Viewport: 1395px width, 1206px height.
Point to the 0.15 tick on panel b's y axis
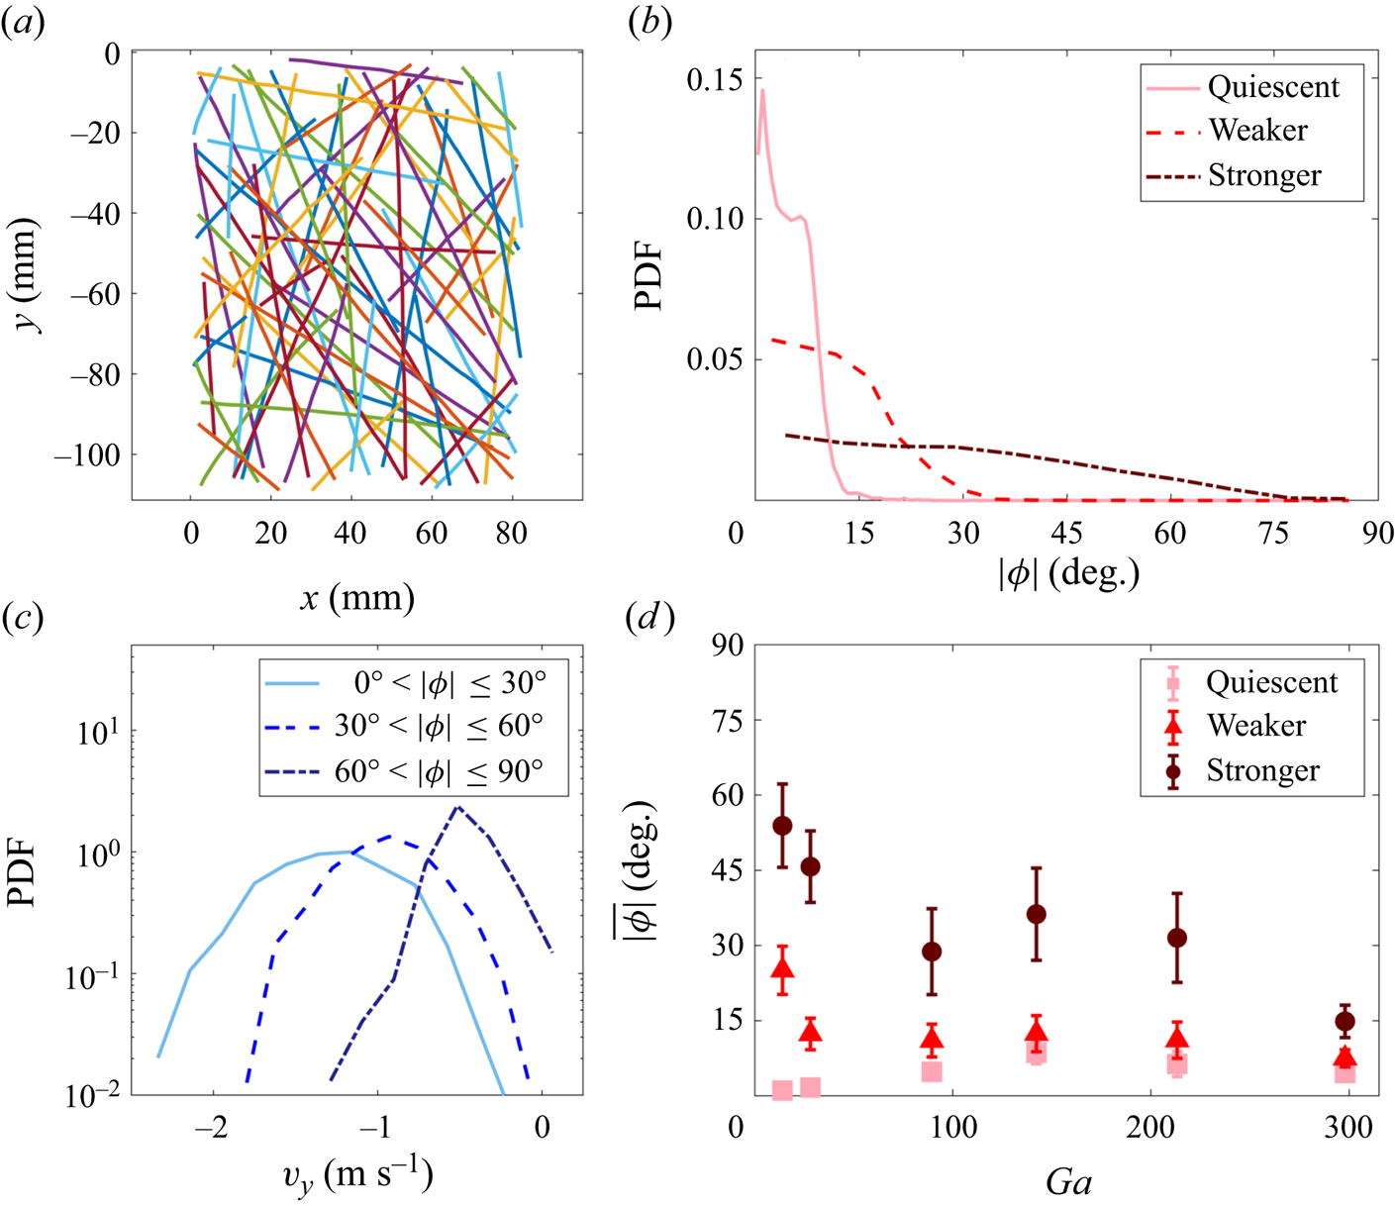click(716, 79)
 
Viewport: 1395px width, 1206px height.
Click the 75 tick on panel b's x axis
click(1273, 533)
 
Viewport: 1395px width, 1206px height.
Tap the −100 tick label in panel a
click(86, 455)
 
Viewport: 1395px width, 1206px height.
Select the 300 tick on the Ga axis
click(1348, 1127)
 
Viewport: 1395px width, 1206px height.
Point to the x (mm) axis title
click(356, 597)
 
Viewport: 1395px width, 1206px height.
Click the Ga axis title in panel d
click(1068, 1182)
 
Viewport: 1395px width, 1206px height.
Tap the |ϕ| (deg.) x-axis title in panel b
click(1068, 572)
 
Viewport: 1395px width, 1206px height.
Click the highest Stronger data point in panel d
click(782, 826)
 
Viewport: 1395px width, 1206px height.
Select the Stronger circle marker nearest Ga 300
click(1345, 1021)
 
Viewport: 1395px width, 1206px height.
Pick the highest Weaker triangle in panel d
click(782, 968)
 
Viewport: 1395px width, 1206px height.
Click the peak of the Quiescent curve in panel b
click(762, 91)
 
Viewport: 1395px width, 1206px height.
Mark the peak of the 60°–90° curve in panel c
click(457, 807)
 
